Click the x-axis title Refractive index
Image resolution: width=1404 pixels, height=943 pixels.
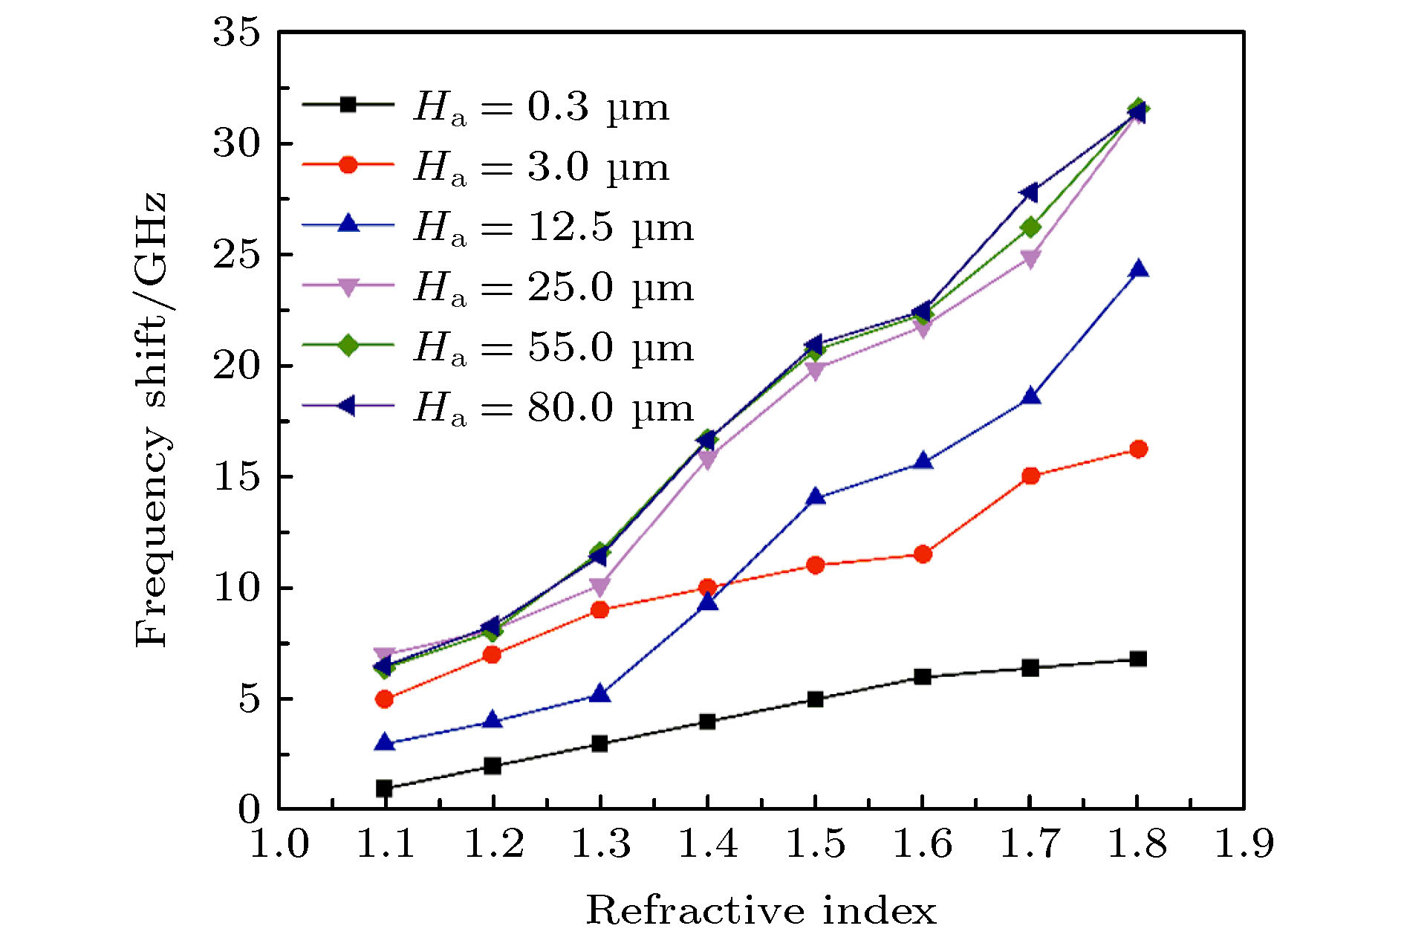click(x=761, y=910)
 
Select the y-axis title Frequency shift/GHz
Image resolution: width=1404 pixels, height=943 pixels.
click(x=152, y=420)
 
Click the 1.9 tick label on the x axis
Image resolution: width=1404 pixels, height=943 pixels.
click(x=1244, y=844)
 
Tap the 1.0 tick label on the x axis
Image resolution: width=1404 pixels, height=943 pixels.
click(x=279, y=844)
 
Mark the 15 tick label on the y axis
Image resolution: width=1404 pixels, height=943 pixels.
click(x=237, y=476)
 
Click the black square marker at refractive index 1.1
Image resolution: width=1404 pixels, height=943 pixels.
click(x=384, y=788)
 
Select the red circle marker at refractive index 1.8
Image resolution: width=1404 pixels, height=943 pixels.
click(x=1138, y=449)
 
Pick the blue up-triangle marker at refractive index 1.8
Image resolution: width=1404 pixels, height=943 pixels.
click(x=1138, y=270)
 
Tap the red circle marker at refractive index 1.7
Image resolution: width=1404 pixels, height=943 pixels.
click(x=1030, y=476)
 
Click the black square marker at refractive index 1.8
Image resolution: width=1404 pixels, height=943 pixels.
click(x=1138, y=659)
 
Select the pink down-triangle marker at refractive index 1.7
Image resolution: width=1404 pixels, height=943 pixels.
click(x=1030, y=259)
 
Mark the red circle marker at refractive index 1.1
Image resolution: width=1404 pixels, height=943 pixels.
click(x=384, y=699)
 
